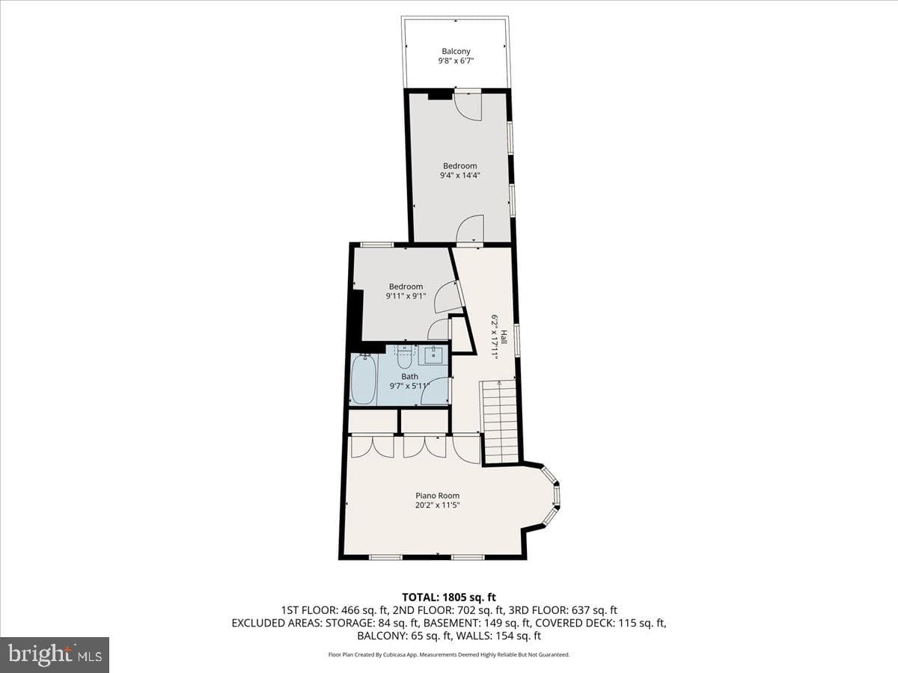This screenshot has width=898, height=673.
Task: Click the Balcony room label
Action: [x=456, y=51]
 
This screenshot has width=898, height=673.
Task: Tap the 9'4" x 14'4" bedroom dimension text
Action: [x=459, y=175]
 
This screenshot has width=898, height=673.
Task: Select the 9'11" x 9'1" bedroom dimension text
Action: [x=406, y=296]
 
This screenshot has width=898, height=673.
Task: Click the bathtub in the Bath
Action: [x=363, y=379]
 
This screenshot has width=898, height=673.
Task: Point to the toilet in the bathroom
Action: [x=404, y=357]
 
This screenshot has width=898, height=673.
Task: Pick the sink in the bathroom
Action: [x=433, y=354]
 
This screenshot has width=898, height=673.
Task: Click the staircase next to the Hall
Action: [x=500, y=422]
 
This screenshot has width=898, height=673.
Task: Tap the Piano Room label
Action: [x=437, y=495]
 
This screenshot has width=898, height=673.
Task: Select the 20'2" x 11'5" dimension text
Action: [x=437, y=505]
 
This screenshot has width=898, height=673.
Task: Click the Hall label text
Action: [x=504, y=336]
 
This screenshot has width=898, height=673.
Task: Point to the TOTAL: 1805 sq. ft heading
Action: [x=449, y=597]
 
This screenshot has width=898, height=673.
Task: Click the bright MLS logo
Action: [x=55, y=655]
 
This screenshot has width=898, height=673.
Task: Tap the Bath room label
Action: [x=409, y=376]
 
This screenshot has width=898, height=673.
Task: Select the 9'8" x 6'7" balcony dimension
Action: [x=456, y=61]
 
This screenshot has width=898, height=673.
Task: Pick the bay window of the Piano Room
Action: [x=550, y=495]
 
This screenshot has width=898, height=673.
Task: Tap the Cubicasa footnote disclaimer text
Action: [x=449, y=654]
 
